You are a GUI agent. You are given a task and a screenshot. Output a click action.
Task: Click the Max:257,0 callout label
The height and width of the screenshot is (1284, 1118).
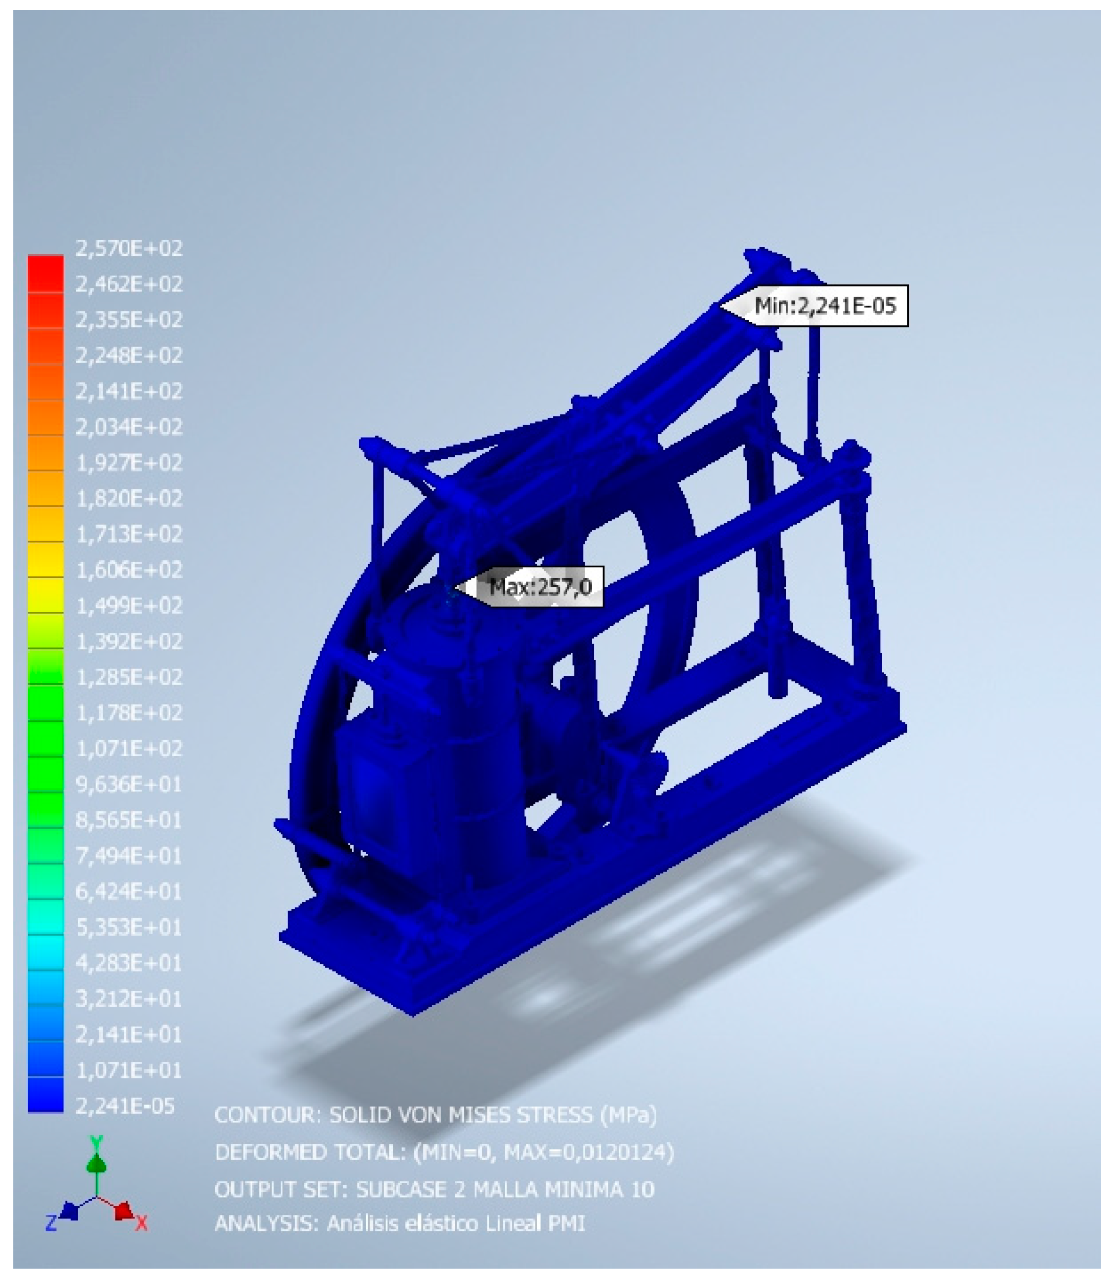coord(540,586)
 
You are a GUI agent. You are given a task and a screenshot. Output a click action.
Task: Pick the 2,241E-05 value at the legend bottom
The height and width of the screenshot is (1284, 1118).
coord(125,1106)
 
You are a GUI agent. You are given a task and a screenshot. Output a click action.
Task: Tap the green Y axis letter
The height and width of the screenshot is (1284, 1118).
coord(96,1143)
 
